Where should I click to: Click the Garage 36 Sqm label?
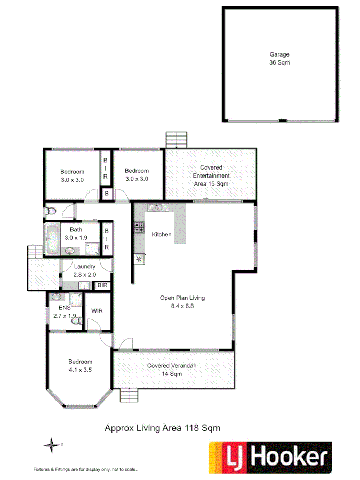pyautogui.click(x=279, y=58)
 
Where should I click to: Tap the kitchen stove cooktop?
pyautogui.click(x=140, y=228)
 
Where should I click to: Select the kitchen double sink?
pyautogui.click(x=156, y=208)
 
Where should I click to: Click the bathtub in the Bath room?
pyautogui.click(x=52, y=239)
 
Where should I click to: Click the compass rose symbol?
pyautogui.click(x=52, y=444)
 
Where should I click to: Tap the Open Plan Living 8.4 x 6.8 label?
pyautogui.click(x=182, y=302)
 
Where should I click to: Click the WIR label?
pyautogui.click(x=97, y=311)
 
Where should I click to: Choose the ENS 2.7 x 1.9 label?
pyautogui.click(x=65, y=312)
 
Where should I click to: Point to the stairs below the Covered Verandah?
pyautogui.click(x=129, y=396)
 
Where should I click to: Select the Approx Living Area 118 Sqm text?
pyautogui.click(x=162, y=428)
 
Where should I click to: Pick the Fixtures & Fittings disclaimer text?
pyautogui.click(x=85, y=469)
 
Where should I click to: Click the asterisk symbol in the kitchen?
pyautogui.click(x=140, y=260)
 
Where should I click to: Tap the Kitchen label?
pyautogui.click(x=162, y=235)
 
